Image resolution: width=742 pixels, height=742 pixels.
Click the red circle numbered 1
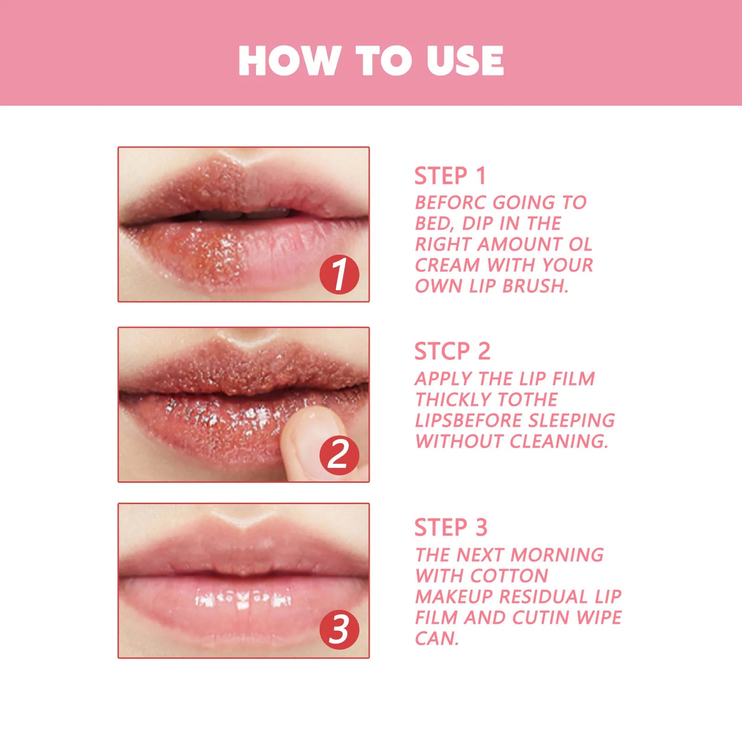click(x=339, y=275)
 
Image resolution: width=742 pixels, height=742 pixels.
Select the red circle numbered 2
click(x=339, y=455)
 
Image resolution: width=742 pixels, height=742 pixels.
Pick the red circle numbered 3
click(x=339, y=630)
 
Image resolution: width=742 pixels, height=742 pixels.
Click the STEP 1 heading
click(x=450, y=176)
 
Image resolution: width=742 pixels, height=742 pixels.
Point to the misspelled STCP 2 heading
click(x=452, y=351)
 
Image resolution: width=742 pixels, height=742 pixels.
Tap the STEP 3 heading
click(x=451, y=527)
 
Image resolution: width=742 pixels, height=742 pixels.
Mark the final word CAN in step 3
click(x=436, y=639)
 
